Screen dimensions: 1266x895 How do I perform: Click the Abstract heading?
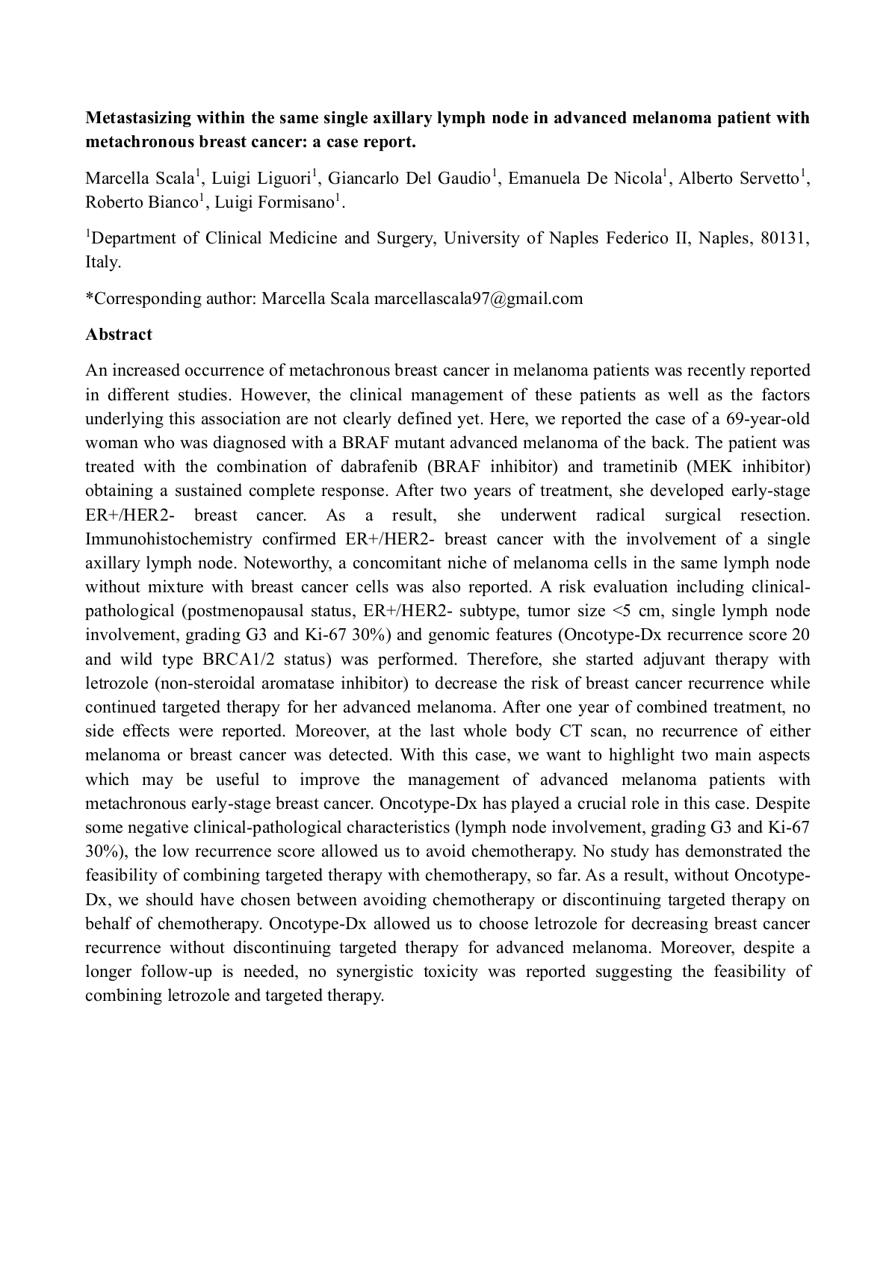[119, 335]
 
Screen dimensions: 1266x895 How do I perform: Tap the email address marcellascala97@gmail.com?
[478, 299]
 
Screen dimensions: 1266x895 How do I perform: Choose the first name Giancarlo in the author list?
[363, 179]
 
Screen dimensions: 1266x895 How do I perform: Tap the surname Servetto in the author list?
[769, 179]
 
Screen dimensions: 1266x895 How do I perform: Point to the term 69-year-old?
[768, 419]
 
